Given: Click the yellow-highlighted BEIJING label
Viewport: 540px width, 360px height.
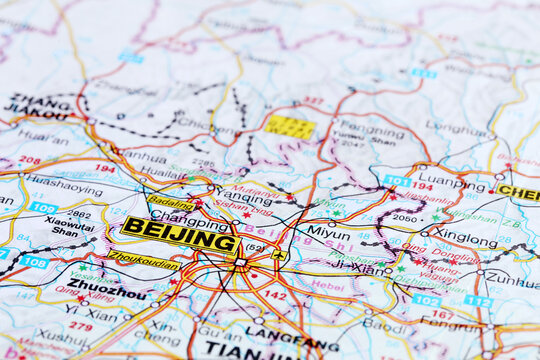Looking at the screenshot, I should (179, 236).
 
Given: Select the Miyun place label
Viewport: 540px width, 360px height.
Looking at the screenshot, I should (328, 232).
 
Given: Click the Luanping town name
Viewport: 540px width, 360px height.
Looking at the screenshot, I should (452, 183).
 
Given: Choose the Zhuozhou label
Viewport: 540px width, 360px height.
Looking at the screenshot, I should (106, 289).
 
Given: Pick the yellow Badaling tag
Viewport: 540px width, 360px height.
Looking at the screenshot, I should (171, 203).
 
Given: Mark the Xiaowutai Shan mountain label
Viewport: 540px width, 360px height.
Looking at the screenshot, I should (69, 226).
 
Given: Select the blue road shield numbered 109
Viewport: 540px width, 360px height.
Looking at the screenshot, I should (43, 207).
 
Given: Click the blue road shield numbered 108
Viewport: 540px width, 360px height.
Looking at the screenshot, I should (34, 262).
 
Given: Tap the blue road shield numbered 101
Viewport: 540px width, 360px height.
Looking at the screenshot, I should (396, 181).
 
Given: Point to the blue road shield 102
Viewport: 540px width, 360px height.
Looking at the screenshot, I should (426, 299).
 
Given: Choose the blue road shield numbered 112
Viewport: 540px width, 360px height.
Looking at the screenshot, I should (478, 301).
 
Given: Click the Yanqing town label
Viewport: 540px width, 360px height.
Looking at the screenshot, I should (244, 197).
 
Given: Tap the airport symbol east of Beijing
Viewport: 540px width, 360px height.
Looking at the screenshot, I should (279, 255).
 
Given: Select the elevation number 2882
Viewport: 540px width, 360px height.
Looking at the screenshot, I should (80, 213).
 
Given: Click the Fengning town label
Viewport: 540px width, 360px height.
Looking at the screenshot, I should (372, 127).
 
